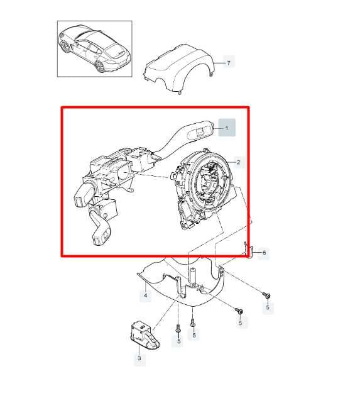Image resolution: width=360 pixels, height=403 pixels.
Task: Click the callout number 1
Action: [227, 128]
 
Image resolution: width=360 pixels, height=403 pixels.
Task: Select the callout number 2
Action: [238, 163]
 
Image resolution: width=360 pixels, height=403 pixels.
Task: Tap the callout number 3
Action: [139, 359]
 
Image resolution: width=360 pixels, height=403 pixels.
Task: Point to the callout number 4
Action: [145, 295]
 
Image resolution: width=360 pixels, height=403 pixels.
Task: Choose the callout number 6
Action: [264, 253]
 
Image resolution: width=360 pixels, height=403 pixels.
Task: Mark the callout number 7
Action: [229, 63]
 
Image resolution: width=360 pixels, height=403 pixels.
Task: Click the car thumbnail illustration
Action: [94, 48]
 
